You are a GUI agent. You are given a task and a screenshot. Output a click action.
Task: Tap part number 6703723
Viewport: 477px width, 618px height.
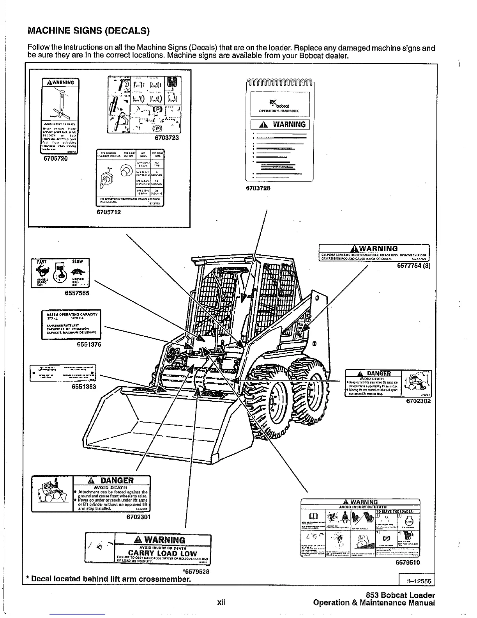tap(166, 137)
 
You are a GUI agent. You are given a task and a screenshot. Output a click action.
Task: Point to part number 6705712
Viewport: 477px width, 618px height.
tap(109, 212)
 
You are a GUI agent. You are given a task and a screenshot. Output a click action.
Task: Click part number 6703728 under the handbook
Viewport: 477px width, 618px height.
tap(258, 188)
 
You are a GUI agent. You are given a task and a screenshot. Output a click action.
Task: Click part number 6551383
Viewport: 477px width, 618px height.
tap(83, 387)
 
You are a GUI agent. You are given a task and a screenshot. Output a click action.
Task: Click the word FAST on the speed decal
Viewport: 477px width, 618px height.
tap(41, 261)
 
